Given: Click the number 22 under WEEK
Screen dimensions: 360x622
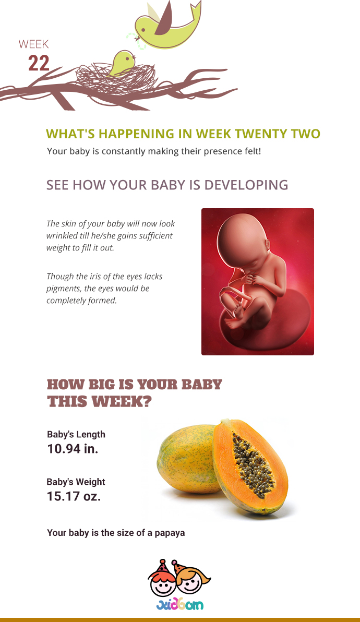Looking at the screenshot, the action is coord(39,64).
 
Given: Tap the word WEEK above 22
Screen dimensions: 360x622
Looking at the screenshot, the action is coord(34,44).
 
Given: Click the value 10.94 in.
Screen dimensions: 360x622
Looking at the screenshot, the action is coord(73,449).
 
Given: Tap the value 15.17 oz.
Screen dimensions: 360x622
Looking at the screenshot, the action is coord(74,496).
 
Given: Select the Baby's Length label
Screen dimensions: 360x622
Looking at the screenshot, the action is coord(76,434).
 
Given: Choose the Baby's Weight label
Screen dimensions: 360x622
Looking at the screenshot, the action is coord(76,482).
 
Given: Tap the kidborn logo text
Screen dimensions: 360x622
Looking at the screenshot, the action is coord(179,605).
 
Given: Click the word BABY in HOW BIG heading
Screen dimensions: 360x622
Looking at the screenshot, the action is coord(201,385).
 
